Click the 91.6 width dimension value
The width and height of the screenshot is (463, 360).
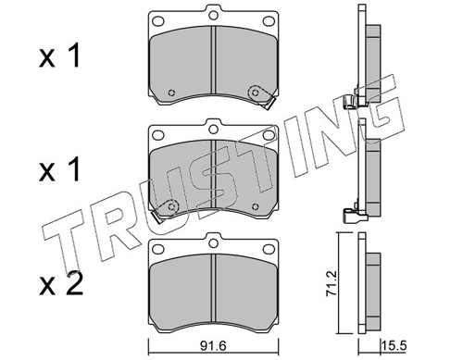pos(213,346)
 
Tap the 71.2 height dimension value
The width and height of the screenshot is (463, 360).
pos(332,284)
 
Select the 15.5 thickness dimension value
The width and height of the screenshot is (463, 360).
pos(394,345)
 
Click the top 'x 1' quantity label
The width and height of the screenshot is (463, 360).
pos(59,56)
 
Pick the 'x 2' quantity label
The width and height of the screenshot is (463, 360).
pos(61,285)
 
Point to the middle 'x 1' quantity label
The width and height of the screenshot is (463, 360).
pos(59,169)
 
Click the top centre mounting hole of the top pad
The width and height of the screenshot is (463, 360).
pos(213,15)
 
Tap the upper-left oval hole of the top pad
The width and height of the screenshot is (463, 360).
pos(158,21)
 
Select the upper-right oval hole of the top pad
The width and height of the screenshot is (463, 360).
pos(269,21)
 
